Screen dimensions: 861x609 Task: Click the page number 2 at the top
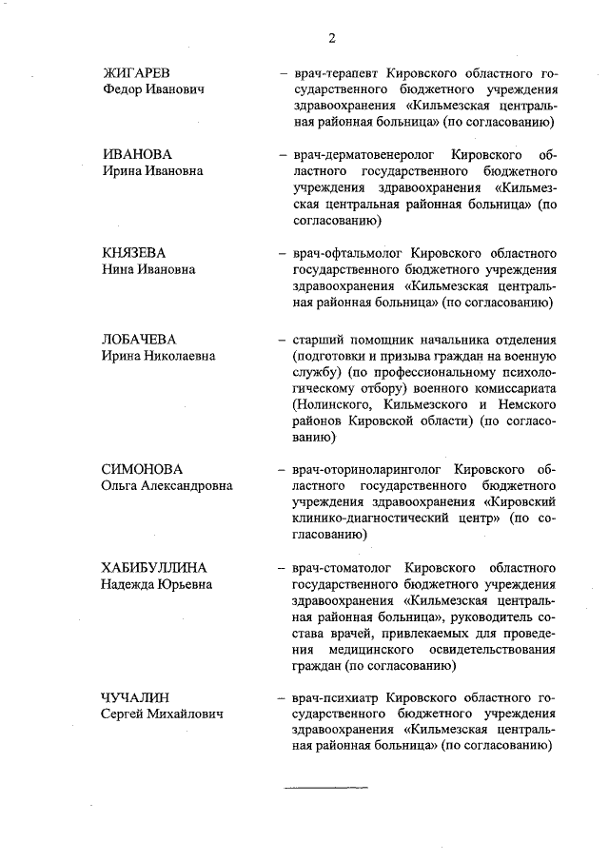click(x=332, y=38)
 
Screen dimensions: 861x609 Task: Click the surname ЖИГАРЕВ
click(x=136, y=72)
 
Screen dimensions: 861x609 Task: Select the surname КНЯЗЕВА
click(x=133, y=253)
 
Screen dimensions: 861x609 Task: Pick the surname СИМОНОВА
click(x=141, y=469)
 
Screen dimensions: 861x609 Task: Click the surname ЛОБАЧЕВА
click(x=140, y=340)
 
